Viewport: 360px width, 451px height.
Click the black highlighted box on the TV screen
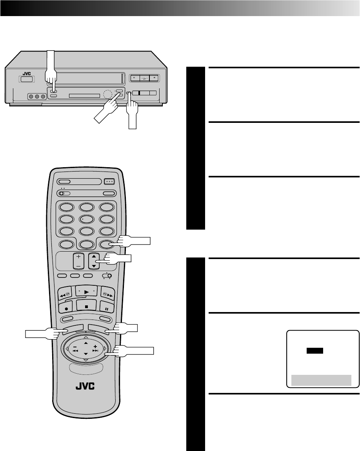coord(315,351)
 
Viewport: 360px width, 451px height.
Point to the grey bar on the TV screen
coord(321,380)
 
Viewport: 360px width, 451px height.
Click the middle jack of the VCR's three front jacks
coord(36,96)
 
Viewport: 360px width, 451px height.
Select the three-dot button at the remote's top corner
coord(109,181)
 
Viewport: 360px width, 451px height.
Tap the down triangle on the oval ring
coord(86,359)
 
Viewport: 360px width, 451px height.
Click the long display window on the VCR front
coord(84,96)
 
